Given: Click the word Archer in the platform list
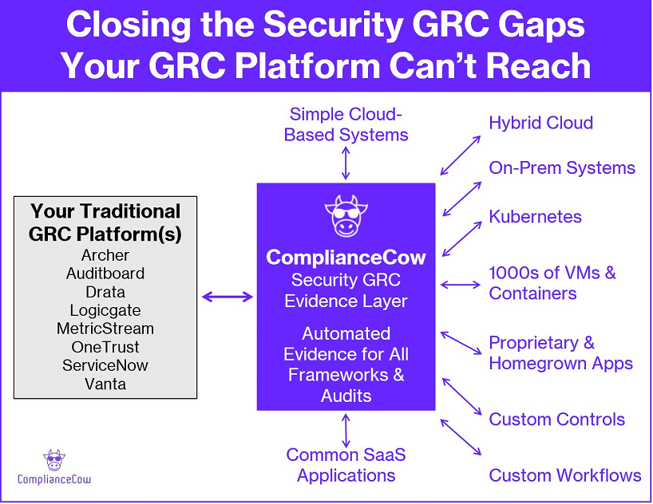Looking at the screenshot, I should click(105, 255).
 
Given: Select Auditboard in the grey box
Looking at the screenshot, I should click(105, 274).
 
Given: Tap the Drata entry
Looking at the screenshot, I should click(105, 292).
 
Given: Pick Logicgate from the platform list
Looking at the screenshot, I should click(105, 310).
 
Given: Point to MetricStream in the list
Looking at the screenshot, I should click(105, 329).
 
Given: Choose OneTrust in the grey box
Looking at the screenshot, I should click(105, 347).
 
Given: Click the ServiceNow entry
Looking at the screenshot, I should click(105, 365).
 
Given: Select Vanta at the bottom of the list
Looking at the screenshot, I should click(105, 384).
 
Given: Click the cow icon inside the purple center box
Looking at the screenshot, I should click(346, 215).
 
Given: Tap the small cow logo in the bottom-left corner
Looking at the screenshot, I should click(54, 460).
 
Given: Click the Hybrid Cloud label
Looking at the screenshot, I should click(540, 123).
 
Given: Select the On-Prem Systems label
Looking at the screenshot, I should click(561, 167).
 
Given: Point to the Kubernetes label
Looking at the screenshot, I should click(535, 216).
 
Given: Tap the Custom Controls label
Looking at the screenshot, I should click(556, 419).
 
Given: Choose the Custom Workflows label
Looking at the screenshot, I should click(564, 475).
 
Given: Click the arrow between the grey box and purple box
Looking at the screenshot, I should click(227, 297).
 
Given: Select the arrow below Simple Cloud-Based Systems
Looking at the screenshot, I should click(346, 163).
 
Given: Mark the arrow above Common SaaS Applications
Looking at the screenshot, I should click(346, 430).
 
